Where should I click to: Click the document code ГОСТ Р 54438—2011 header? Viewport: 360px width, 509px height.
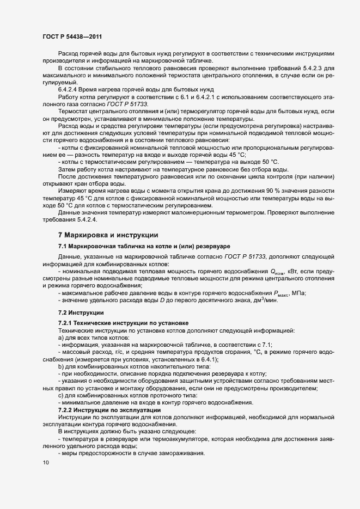point(74,36)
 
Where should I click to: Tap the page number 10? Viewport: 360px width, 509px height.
point(45,463)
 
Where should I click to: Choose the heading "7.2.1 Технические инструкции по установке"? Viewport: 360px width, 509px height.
point(123,323)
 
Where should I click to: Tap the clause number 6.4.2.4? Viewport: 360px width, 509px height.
point(70,89)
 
